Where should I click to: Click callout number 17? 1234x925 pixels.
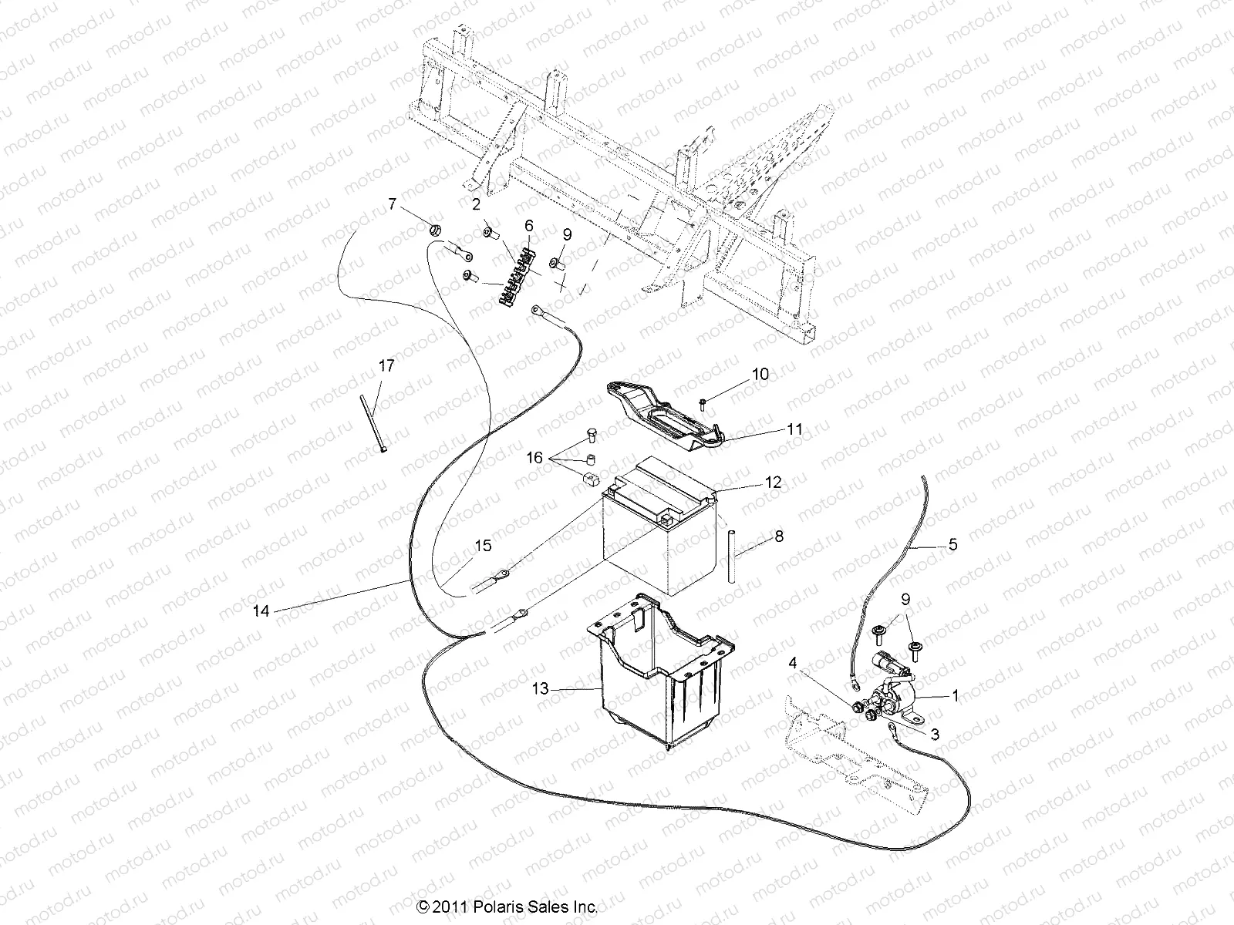386,366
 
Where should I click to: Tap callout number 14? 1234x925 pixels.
261,610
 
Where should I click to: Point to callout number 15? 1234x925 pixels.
482,547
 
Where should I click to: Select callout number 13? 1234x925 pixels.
541,688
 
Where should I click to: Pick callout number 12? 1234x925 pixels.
774,483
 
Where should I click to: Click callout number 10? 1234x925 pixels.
760,375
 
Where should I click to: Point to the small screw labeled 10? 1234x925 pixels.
703,402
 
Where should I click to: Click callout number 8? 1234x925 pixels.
779,536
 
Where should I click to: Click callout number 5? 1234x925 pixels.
952,545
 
